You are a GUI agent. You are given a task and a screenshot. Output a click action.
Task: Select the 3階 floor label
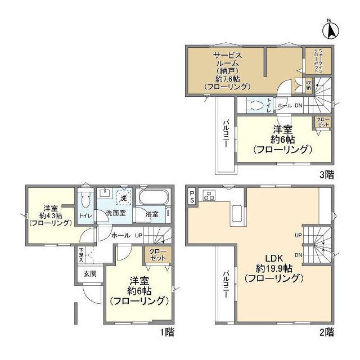pos(326,174)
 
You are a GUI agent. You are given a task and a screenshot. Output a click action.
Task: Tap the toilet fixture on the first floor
pos(85,200)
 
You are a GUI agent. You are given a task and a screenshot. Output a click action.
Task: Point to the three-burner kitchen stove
pos(210,196)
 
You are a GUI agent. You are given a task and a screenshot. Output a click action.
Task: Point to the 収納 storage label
pos(308,85)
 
